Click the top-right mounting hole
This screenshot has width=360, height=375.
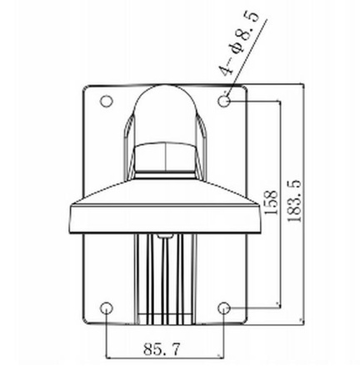click(225, 101)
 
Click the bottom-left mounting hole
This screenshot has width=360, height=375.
click(106, 308)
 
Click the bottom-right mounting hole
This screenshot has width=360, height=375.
click(225, 308)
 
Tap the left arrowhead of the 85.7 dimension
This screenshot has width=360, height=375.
click(109, 352)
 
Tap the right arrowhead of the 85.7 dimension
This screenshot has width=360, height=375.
click(222, 352)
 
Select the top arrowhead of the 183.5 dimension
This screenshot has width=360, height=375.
click(302, 86)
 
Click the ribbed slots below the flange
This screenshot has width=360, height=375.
click(166, 279)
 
